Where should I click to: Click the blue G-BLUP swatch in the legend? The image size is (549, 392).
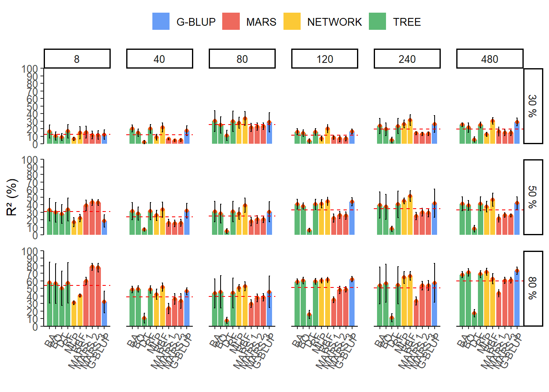click(161, 22)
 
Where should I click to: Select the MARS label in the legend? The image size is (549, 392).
click(261, 22)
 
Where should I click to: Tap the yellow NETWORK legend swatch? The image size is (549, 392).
click(292, 22)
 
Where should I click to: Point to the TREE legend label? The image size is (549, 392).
click(407, 22)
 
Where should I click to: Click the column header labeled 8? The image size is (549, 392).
click(77, 59)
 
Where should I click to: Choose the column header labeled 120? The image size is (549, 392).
click(325, 59)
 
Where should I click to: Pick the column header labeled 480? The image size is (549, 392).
click(489, 59)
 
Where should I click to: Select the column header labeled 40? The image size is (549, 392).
click(159, 59)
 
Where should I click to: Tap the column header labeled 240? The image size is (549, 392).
click(407, 59)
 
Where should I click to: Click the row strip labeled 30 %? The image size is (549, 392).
click(533, 106)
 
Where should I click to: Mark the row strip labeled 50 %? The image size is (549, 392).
click(533, 197)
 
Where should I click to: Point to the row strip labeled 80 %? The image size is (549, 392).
click(533, 288)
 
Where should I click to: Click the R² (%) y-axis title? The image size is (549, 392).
click(12, 197)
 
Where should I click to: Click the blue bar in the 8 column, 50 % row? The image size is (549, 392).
click(104, 228)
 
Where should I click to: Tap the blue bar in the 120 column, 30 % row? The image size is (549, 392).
click(352, 138)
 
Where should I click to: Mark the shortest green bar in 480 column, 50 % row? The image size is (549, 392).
click(474, 231)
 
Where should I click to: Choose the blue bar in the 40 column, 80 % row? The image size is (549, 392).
click(187, 309)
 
